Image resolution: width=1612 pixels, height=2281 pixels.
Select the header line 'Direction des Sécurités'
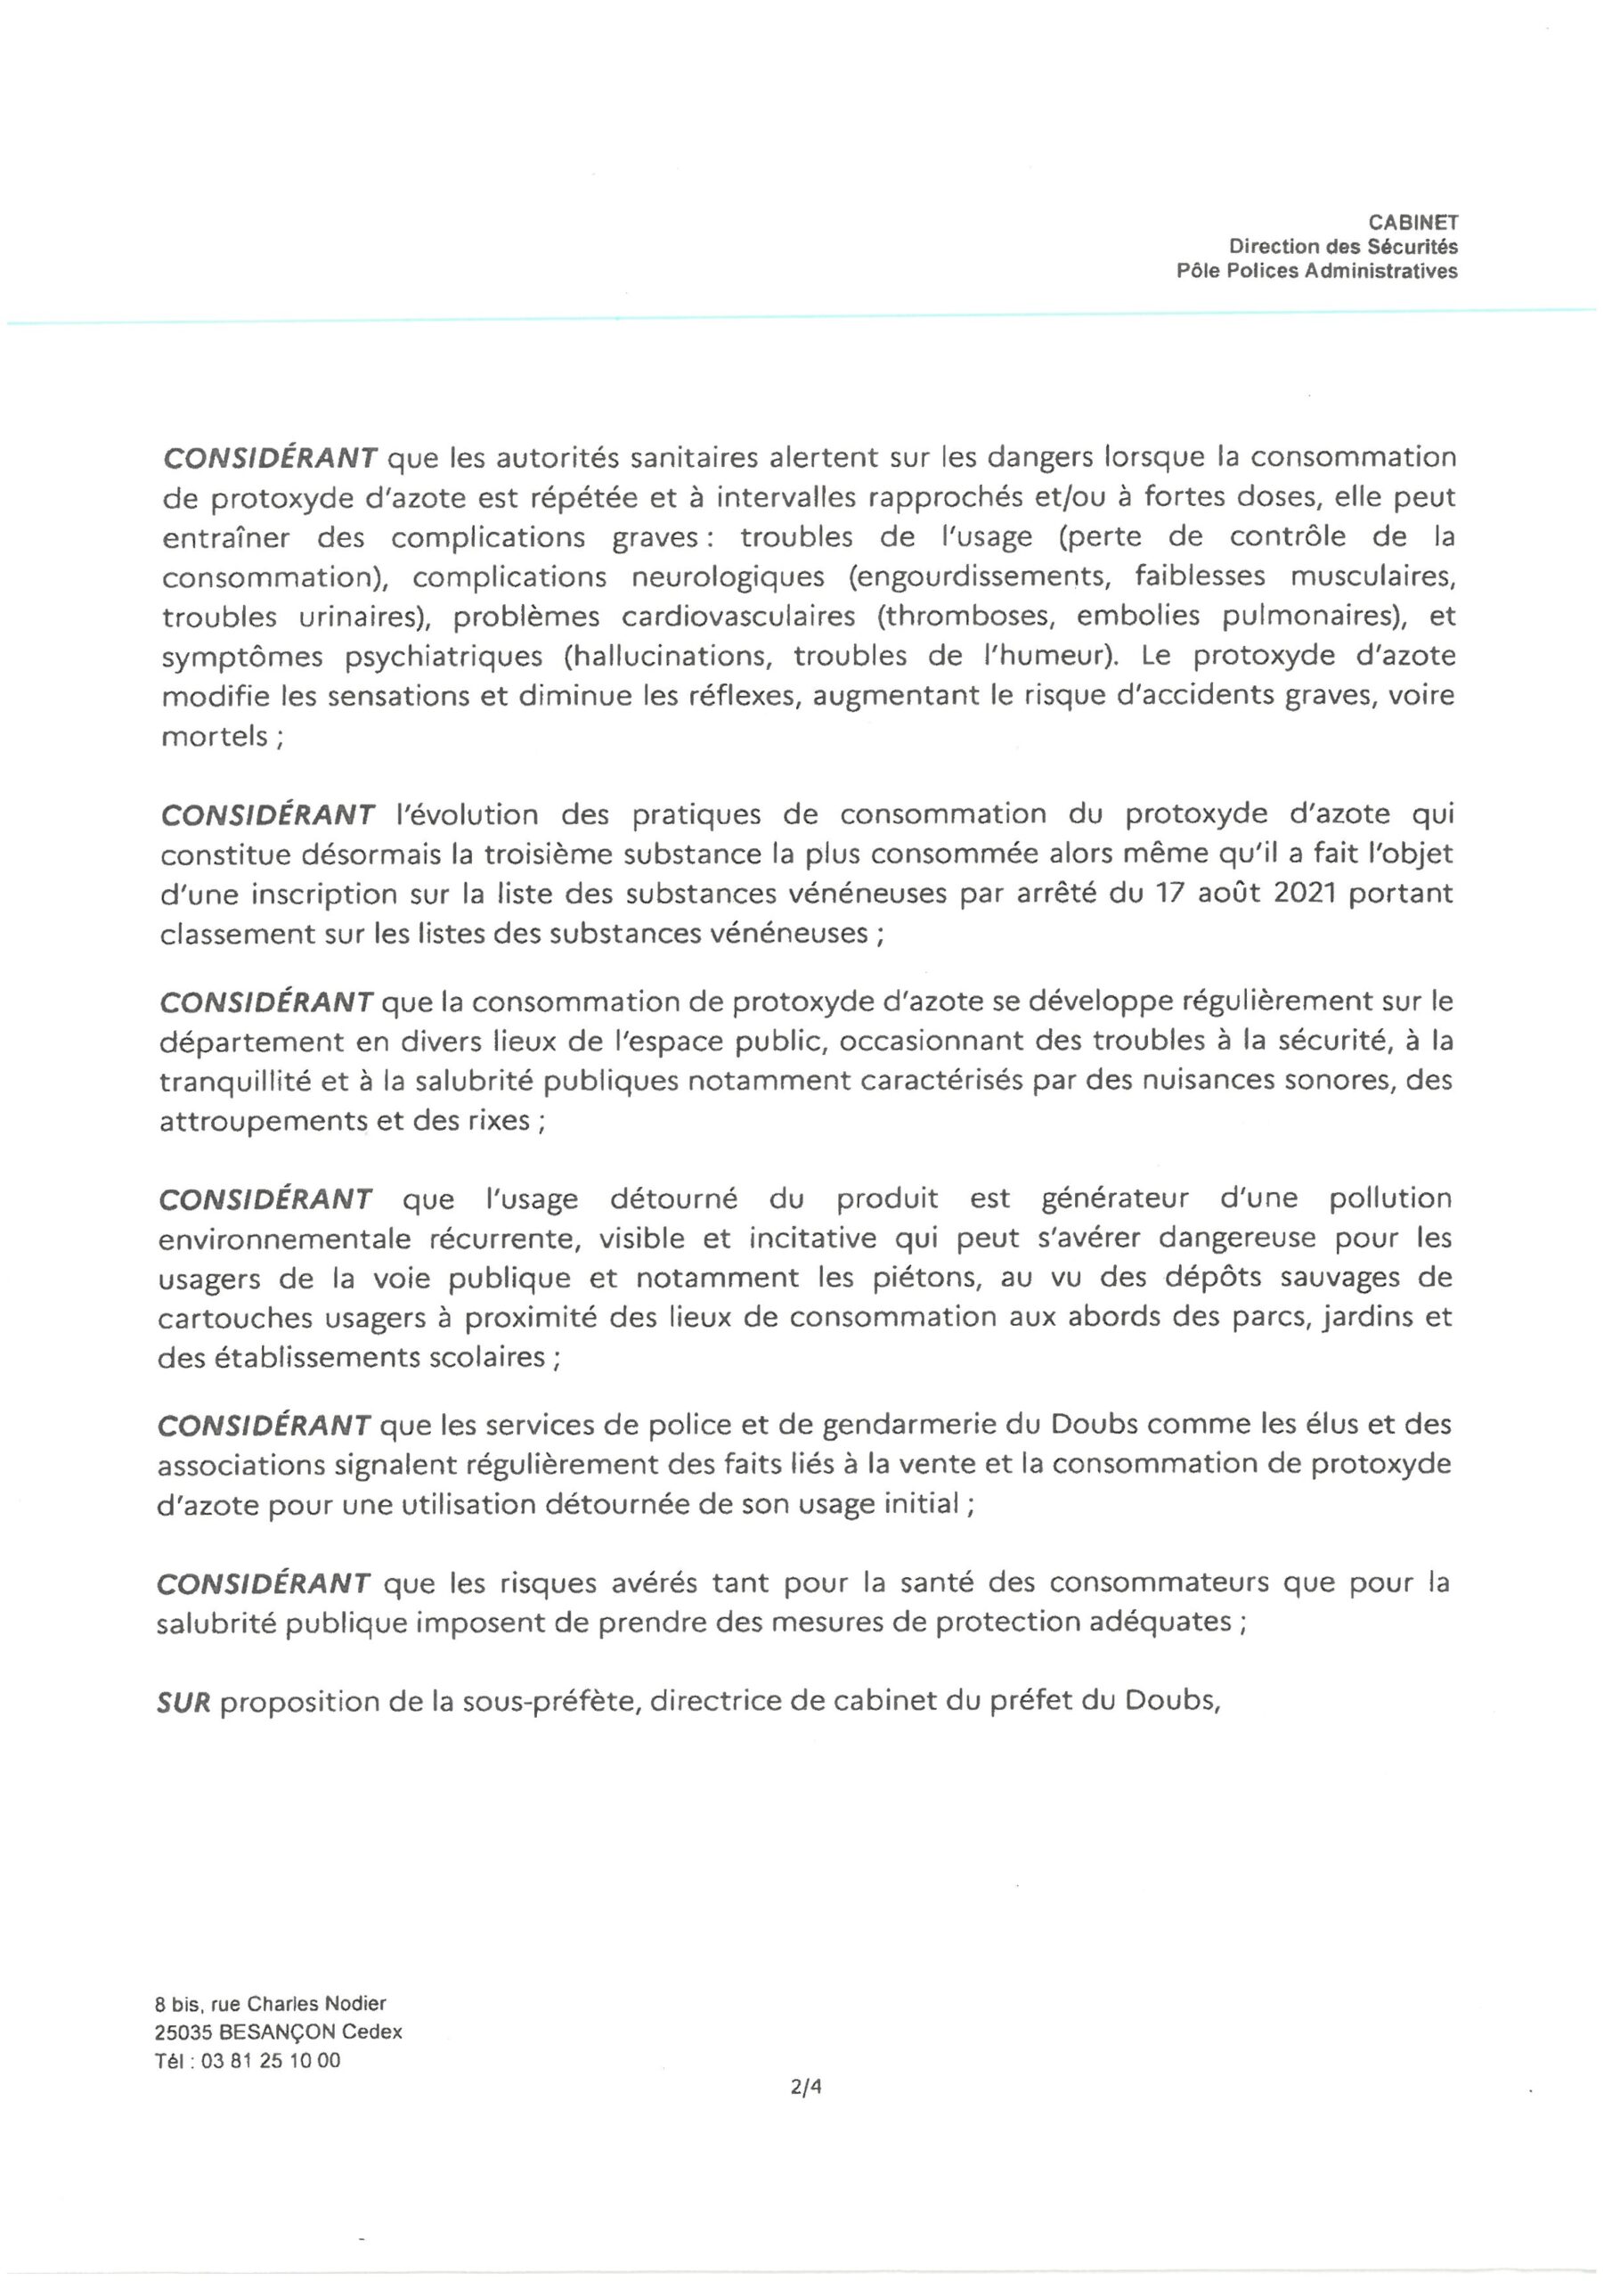click(1343, 247)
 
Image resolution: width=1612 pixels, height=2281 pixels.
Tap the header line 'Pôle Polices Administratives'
click(1317, 271)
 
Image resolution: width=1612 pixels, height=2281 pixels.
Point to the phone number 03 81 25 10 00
click(270, 2060)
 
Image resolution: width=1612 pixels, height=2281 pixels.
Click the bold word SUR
click(183, 1703)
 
